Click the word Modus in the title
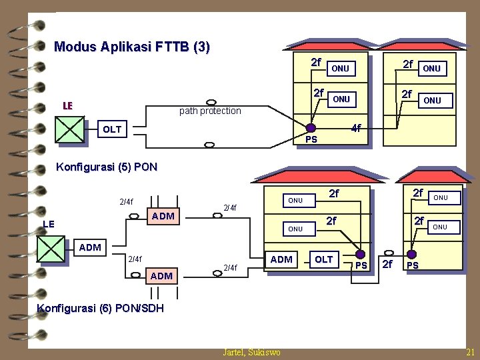click(x=74, y=47)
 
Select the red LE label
click(x=67, y=105)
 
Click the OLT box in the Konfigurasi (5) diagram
click(x=113, y=129)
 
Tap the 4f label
click(x=356, y=128)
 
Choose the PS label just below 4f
click(x=311, y=139)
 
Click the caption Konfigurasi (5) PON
click(x=107, y=167)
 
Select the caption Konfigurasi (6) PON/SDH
click(x=100, y=308)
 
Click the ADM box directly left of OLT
click(x=282, y=259)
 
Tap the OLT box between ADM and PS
click(x=323, y=259)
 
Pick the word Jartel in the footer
click(x=234, y=352)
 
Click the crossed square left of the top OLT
click(x=70, y=130)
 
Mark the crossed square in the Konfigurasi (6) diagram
click(x=51, y=249)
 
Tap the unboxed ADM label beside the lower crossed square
click(x=90, y=248)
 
